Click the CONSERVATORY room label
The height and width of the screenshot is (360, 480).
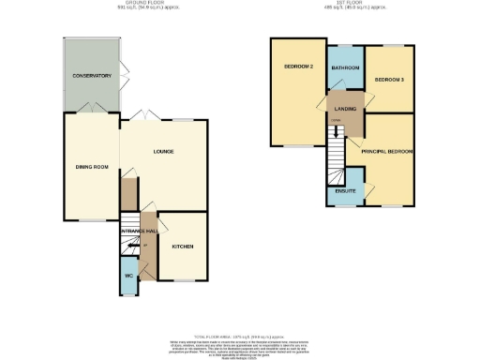coord(92,76)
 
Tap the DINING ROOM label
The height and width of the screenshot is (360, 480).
coord(92,167)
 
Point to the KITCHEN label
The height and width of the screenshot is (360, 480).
coord(182,247)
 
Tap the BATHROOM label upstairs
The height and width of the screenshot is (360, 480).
coord(345,68)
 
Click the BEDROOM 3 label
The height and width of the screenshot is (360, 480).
coord(388,81)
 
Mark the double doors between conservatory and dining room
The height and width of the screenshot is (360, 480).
coord(91,112)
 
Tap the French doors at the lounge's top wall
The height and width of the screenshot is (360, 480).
coord(146,114)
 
